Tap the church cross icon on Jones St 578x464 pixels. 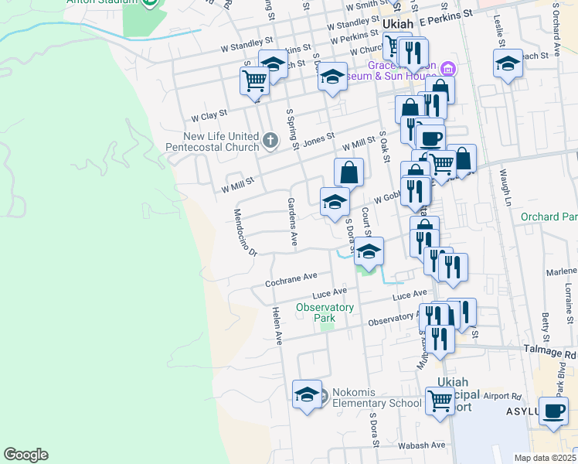coord(270,140)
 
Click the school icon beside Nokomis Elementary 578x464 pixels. coord(307,395)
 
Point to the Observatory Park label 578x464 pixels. coord(325,312)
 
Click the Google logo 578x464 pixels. coord(25,455)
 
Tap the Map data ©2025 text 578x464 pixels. coord(545,458)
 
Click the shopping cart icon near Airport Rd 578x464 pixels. coord(440,401)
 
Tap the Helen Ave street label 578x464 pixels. coord(276,325)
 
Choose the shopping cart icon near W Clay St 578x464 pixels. coord(254,79)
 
